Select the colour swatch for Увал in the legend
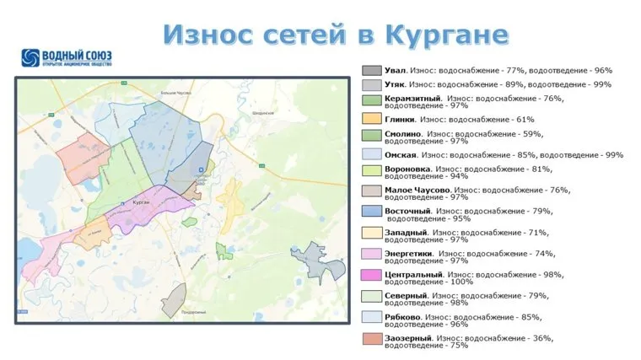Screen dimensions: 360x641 point(371,71)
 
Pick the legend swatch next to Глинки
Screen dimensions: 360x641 point(371,120)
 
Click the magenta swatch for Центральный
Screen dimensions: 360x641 point(371,275)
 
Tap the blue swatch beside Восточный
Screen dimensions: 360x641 point(371,211)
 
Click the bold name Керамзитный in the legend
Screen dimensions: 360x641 point(408,99)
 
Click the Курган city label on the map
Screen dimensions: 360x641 point(142,204)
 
